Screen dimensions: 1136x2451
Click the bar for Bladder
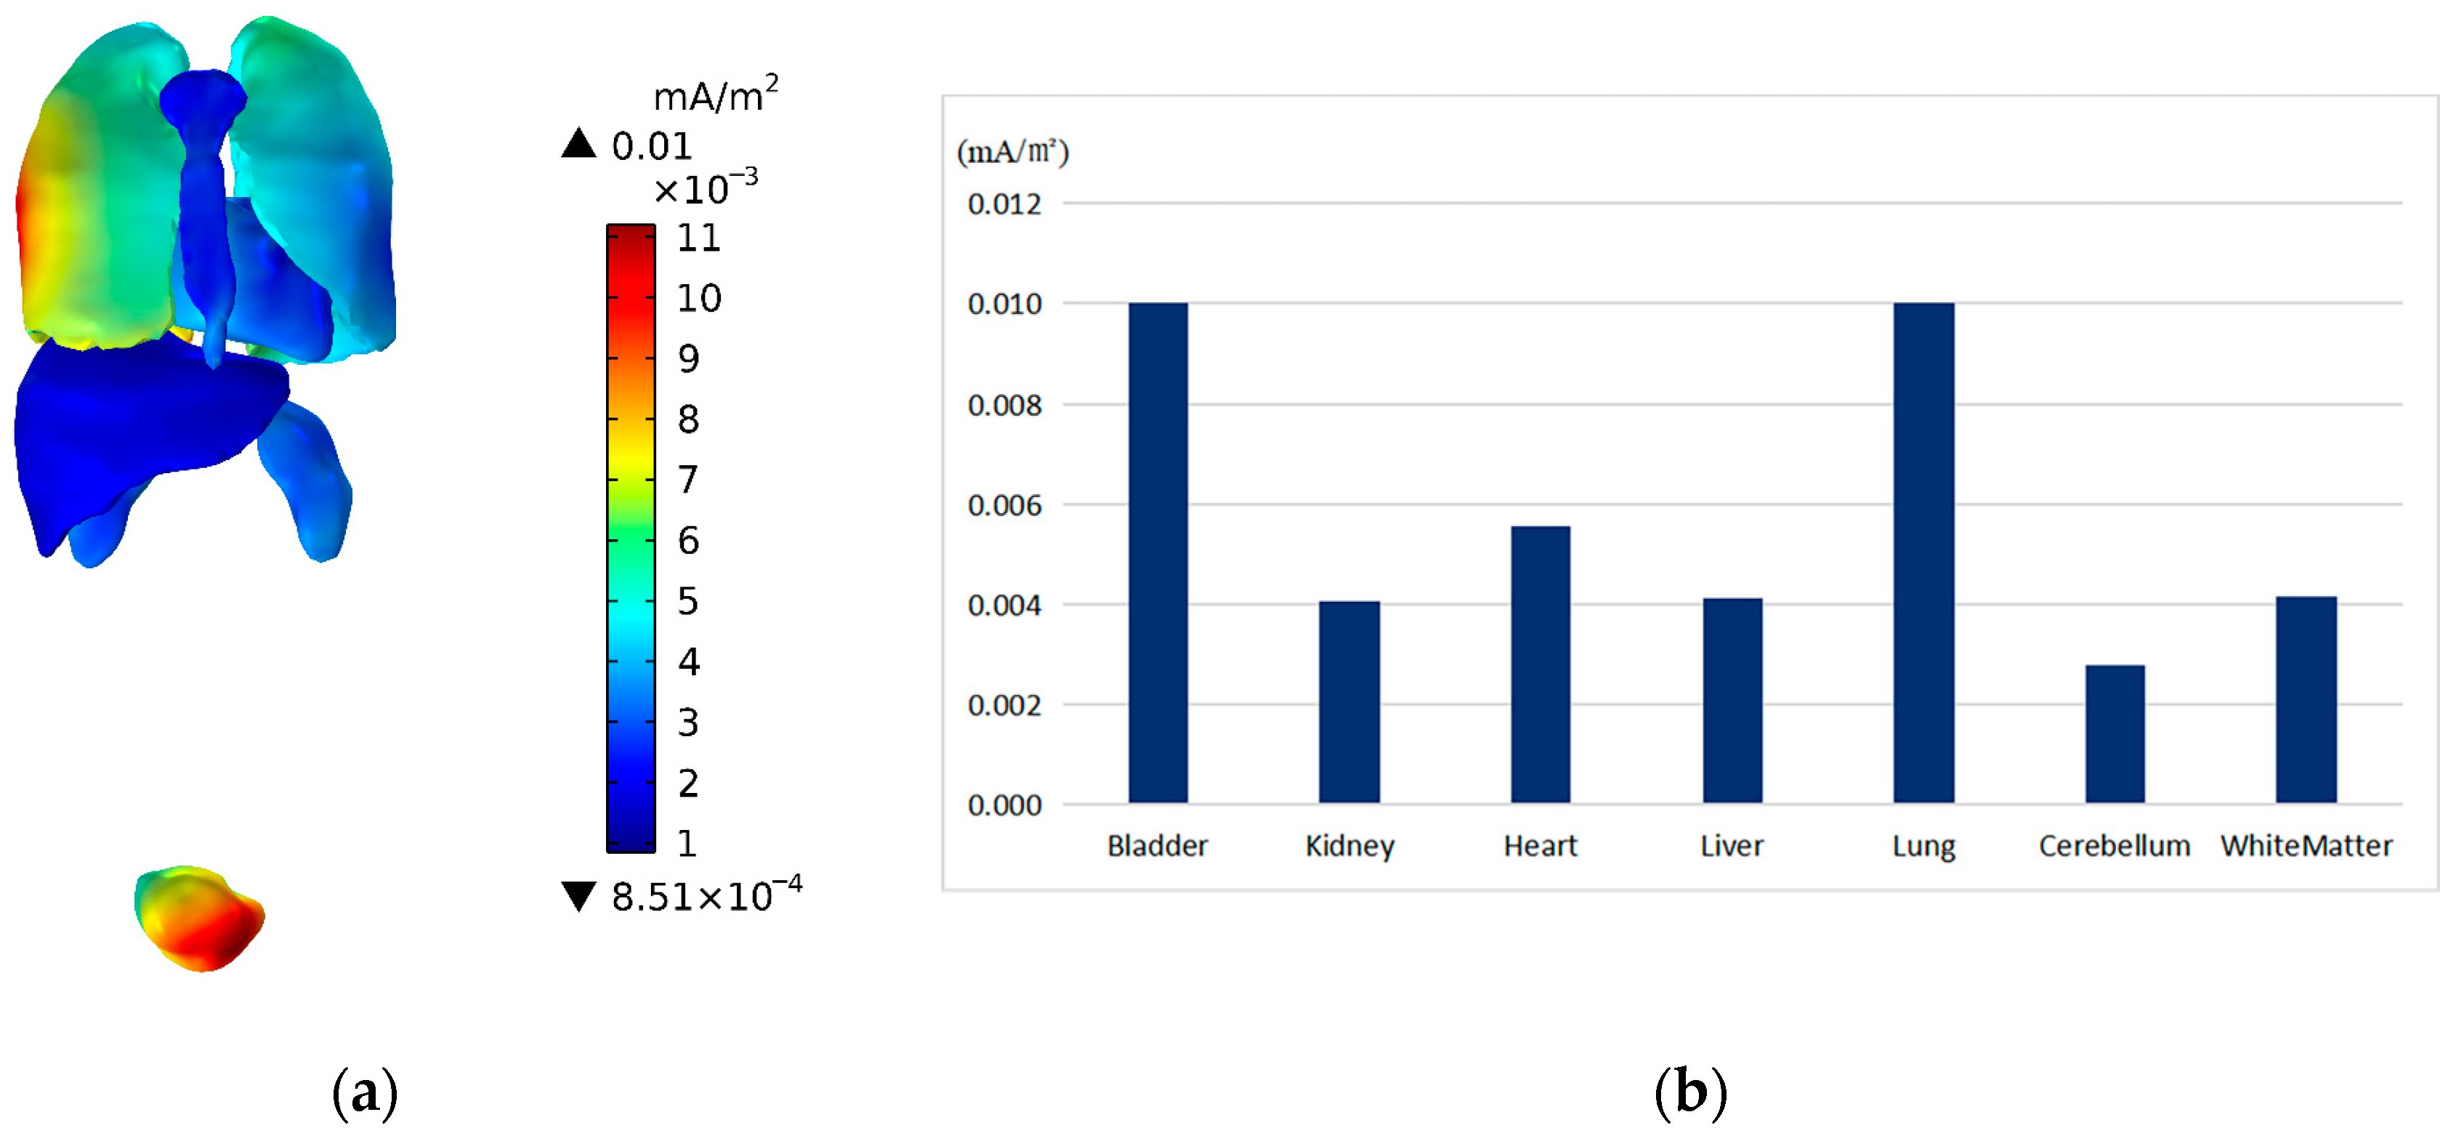[x=1158, y=552]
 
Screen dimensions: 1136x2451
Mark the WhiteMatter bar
[x=2306, y=699]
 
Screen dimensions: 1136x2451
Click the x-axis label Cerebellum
[x=2114, y=846]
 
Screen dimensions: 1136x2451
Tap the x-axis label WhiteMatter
[x=2306, y=846]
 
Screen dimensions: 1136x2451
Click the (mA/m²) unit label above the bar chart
[x=1012, y=151]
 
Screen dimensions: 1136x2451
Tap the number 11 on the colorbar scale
[x=698, y=238]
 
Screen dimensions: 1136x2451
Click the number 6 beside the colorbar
[x=688, y=541]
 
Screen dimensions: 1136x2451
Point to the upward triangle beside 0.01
[x=578, y=144]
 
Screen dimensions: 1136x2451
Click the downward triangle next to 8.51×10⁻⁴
[x=578, y=895]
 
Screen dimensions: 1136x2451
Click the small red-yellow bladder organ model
[x=200, y=918]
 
